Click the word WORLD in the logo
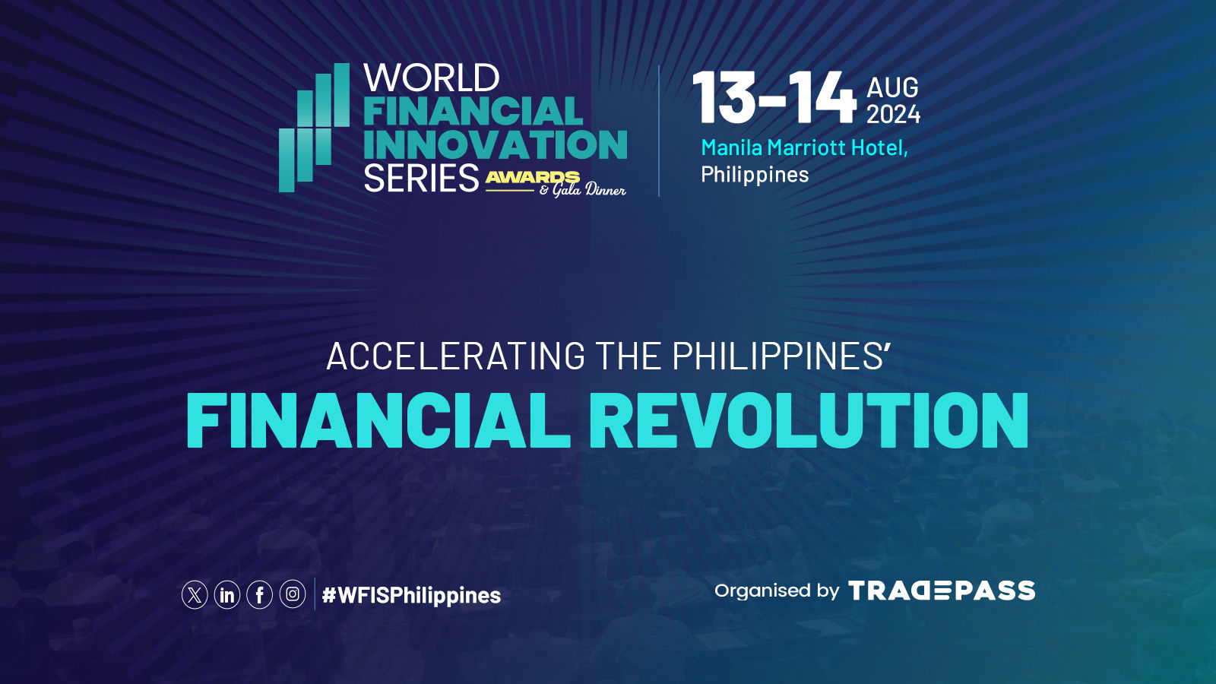(432, 78)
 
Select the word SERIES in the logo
(421, 178)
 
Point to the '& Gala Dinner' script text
(582, 190)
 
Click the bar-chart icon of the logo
(315, 128)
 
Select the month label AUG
(892, 87)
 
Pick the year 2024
(893, 114)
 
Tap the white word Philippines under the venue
(755, 175)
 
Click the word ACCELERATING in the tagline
(456, 356)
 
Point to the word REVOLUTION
(815, 421)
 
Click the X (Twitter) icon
(195, 595)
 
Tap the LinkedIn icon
(227, 595)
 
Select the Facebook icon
(259, 595)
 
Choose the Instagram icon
(293, 594)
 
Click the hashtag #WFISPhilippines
(411, 596)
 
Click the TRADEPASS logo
(942, 591)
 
